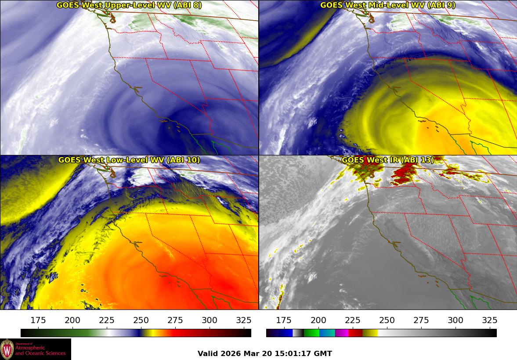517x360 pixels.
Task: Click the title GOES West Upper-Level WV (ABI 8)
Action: (x=129, y=5)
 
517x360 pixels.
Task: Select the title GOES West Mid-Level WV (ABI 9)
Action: (x=388, y=5)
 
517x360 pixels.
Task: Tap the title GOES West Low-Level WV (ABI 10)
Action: (x=129, y=160)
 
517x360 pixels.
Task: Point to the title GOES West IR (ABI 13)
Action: (x=388, y=160)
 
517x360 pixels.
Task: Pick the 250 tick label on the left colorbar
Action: (x=141, y=320)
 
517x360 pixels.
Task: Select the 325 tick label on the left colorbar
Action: (x=244, y=320)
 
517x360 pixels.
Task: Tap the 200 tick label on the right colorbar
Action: (x=318, y=320)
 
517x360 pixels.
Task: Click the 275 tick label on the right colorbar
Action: (x=421, y=320)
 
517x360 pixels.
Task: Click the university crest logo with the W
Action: (x=7, y=349)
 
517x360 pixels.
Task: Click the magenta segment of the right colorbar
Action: (x=341, y=333)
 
